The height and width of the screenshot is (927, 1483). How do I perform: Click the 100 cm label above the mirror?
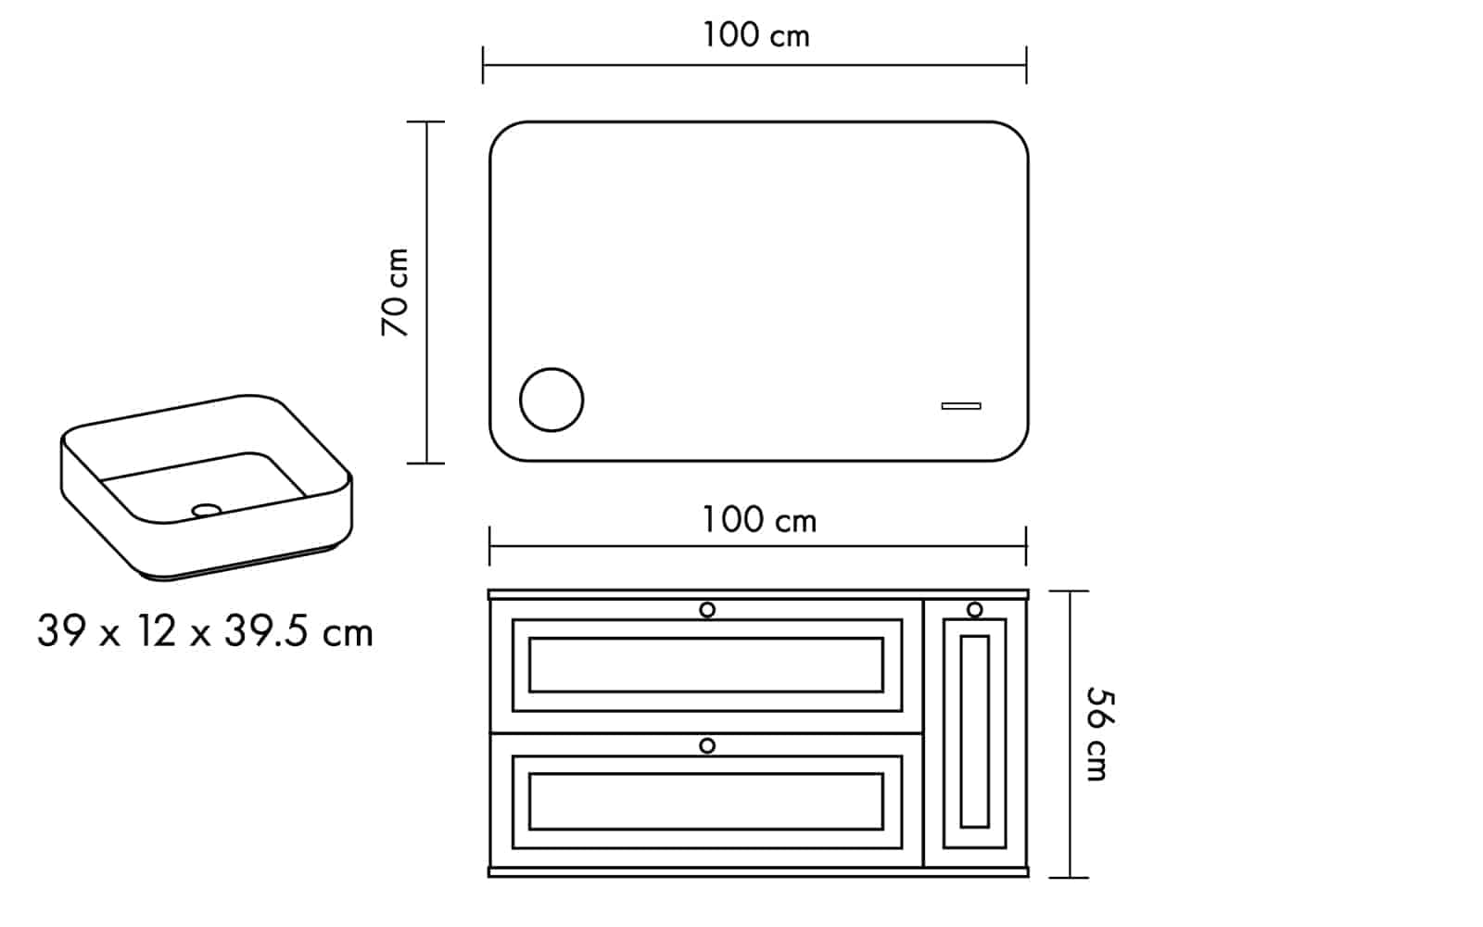click(x=755, y=35)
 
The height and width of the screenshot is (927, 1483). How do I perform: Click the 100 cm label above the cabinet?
click(x=759, y=520)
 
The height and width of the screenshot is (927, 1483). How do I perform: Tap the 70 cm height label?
click(x=395, y=292)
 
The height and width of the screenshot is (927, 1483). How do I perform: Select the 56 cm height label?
click(x=1100, y=733)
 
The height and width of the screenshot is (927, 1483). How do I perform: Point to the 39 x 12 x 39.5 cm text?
click(x=205, y=631)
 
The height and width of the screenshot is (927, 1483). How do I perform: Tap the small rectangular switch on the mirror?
click(x=961, y=406)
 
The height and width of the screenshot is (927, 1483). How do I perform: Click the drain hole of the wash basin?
click(x=207, y=510)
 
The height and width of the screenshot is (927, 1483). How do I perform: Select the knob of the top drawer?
click(x=707, y=610)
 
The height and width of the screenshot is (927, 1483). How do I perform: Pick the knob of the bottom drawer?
click(x=707, y=746)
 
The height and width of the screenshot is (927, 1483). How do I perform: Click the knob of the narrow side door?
click(x=974, y=609)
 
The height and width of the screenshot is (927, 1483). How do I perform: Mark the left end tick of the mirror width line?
click(x=483, y=65)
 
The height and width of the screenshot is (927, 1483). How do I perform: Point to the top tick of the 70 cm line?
click(x=425, y=121)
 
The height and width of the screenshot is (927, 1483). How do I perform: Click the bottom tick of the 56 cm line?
click(x=1070, y=877)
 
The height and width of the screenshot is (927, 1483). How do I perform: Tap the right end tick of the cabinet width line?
click(x=1026, y=546)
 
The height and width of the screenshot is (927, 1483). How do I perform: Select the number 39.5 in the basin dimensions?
click(x=266, y=631)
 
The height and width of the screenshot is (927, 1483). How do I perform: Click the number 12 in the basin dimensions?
click(x=157, y=631)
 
